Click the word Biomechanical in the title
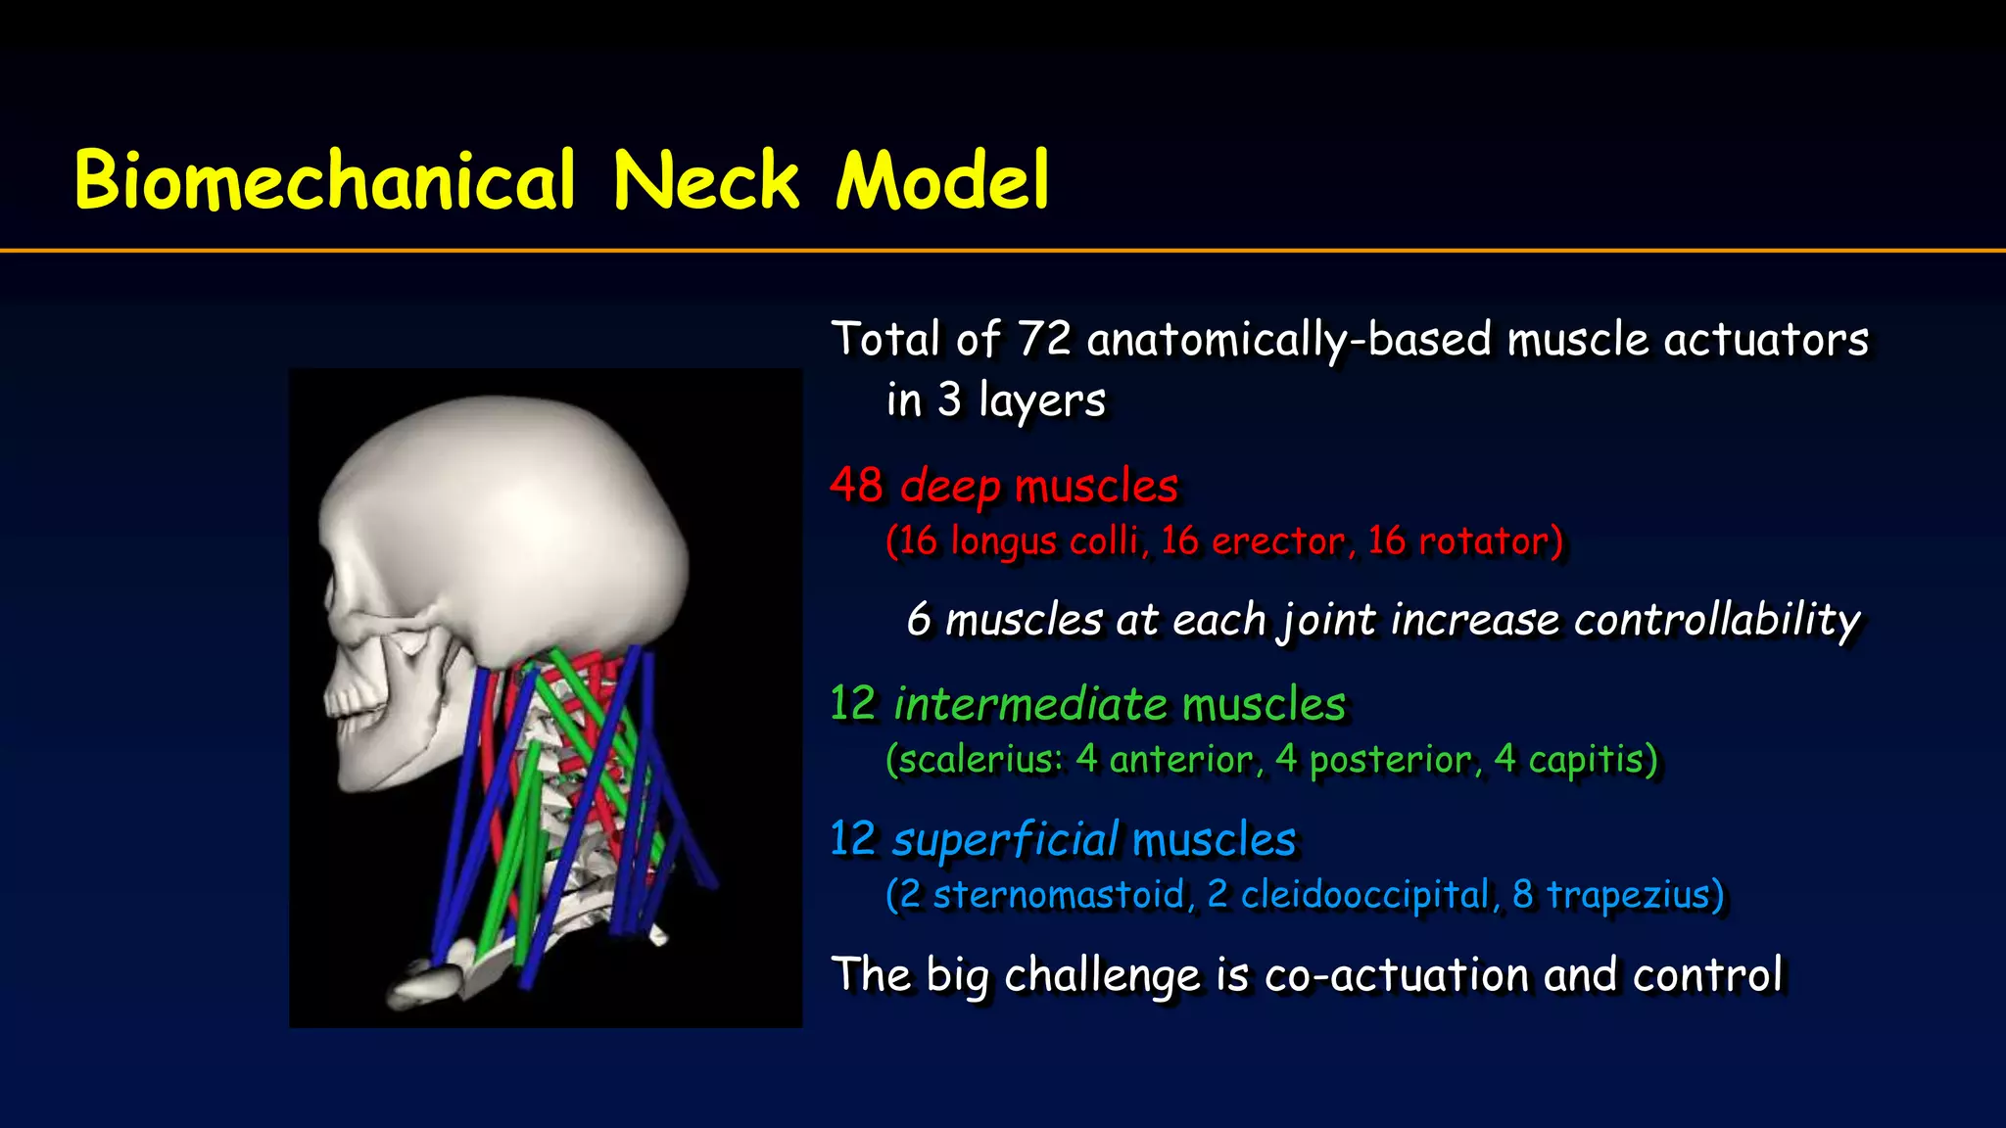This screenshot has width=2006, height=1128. (x=324, y=181)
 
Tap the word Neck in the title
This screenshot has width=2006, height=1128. (x=706, y=181)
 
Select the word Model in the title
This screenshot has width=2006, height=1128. (x=942, y=181)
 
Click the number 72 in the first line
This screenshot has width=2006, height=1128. (x=1044, y=339)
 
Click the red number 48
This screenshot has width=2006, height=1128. (x=856, y=485)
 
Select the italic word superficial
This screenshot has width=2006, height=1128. (x=1005, y=840)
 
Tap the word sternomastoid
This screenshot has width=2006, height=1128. (x=1058, y=895)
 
